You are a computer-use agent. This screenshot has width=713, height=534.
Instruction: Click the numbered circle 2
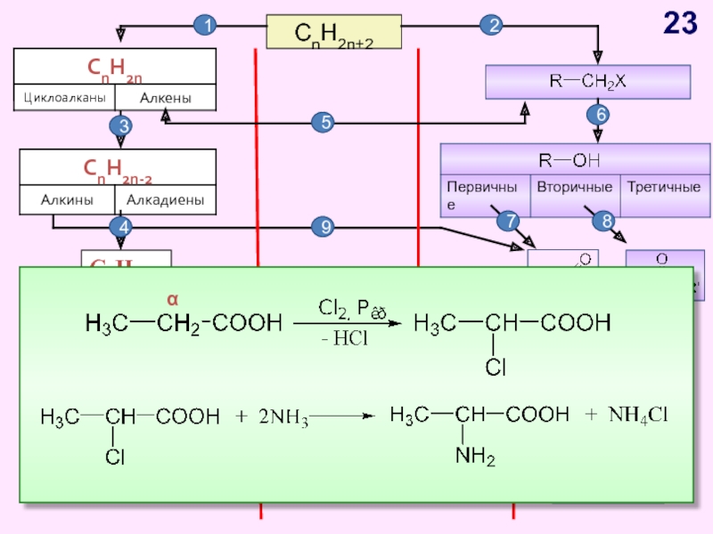[x=490, y=27]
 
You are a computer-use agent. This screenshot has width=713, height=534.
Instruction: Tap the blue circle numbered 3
[x=123, y=127]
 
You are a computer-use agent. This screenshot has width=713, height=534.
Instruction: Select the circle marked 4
[x=123, y=228]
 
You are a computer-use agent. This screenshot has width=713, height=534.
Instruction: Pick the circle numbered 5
[x=324, y=123]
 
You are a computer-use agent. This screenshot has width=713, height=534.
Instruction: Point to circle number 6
[x=598, y=115]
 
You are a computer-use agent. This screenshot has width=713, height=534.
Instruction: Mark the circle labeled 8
[x=609, y=221]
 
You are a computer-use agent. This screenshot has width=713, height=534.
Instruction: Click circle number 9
[x=324, y=228]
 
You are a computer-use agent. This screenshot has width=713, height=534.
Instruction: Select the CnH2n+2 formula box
[x=334, y=32]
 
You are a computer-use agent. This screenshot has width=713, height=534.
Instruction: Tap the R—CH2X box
[x=587, y=82]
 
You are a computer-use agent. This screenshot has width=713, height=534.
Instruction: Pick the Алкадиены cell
[x=166, y=200]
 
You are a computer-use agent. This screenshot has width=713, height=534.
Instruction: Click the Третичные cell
[x=663, y=188]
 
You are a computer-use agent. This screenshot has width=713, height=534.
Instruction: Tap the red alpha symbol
[x=175, y=299]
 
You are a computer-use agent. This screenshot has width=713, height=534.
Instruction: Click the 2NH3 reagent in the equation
[x=283, y=417]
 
